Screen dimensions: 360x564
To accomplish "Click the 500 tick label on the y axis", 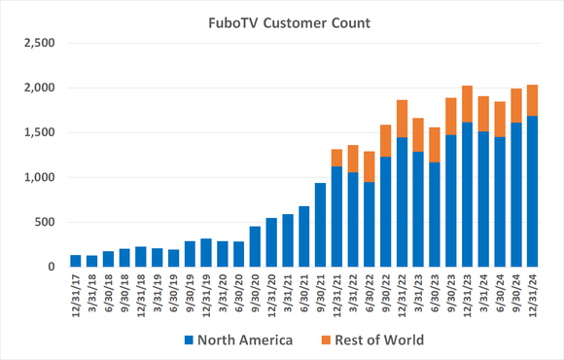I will [x=48, y=223].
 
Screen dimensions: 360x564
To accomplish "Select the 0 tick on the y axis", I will [x=53, y=268].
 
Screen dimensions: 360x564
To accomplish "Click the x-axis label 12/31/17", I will [x=76, y=296].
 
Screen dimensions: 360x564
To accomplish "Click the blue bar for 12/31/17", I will [x=76, y=261].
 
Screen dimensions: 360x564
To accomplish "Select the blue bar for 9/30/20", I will [x=255, y=247].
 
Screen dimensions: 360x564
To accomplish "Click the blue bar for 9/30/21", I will [x=320, y=225].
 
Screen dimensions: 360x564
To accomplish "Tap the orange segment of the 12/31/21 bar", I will [x=336, y=158].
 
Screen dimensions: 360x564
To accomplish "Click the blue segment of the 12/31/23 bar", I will [x=466, y=195].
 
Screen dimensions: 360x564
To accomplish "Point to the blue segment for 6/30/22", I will [x=369, y=225].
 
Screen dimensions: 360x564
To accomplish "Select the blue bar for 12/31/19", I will [x=206, y=253].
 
